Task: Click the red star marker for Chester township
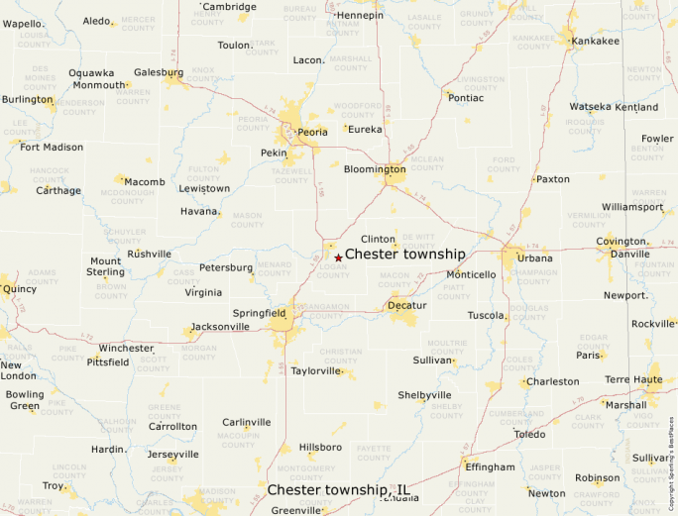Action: click(338, 258)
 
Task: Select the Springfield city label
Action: click(260, 313)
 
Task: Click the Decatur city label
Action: click(406, 305)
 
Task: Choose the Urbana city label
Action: click(534, 258)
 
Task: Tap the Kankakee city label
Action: click(595, 41)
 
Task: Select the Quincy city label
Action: click(20, 290)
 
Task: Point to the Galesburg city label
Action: click(159, 72)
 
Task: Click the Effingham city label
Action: click(491, 466)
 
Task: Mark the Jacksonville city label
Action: click(220, 326)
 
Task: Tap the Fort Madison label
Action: click(52, 148)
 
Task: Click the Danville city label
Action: click(630, 255)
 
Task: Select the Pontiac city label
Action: click(466, 98)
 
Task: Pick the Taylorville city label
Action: click(315, 371)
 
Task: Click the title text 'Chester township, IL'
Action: click(339, 490)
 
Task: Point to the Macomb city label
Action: click(145, 182)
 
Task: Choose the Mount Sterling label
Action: click(106, 266)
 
